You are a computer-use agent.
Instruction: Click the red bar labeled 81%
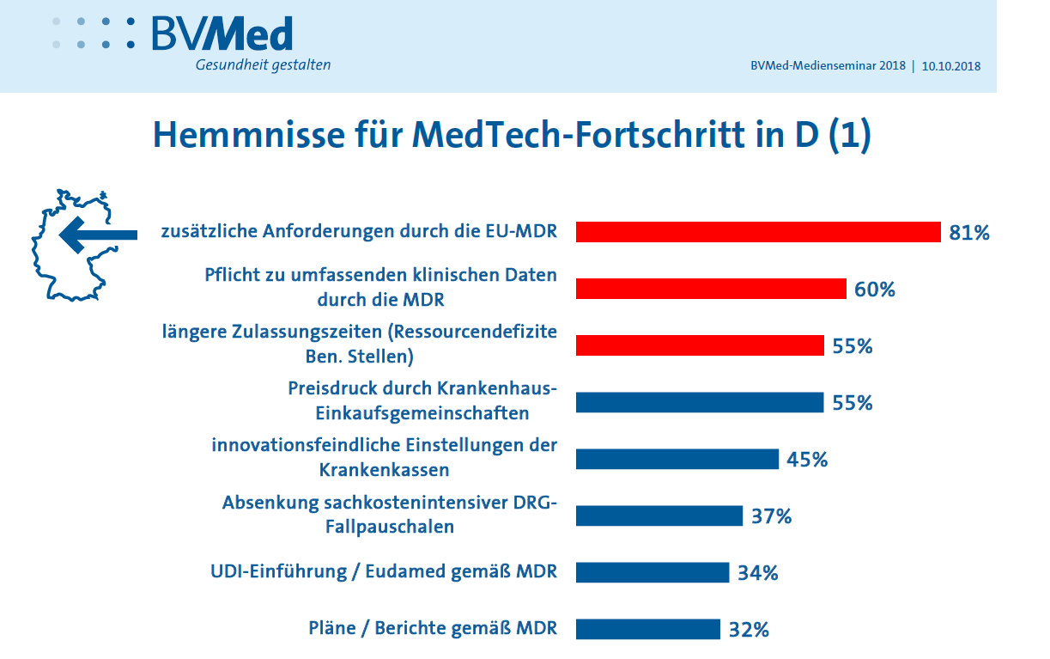coord(758,232)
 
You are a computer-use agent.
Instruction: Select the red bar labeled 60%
coord(711,289)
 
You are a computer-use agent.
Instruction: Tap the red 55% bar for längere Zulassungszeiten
coord(700,345)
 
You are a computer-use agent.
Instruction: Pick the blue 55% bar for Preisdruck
coord(700,402)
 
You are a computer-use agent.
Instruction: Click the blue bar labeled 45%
coord(677,459)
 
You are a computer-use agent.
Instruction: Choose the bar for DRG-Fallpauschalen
coord(659,516)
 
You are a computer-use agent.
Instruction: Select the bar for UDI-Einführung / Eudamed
coord(652,572)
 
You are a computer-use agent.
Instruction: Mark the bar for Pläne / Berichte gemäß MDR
coord(647,629)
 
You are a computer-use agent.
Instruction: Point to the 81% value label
coord(969,233)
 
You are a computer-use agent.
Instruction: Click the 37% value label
coord(771,516)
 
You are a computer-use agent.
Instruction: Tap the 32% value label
coord(749,630)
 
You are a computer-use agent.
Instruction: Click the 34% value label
coord(757,573)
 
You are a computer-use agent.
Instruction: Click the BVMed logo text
coord(222,34)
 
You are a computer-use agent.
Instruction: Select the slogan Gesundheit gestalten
coord(263,65)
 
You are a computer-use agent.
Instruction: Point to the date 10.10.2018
coord(951,66)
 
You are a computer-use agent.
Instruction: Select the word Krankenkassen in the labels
coord(384,470)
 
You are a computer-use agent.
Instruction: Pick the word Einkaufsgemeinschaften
coord(422,413)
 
